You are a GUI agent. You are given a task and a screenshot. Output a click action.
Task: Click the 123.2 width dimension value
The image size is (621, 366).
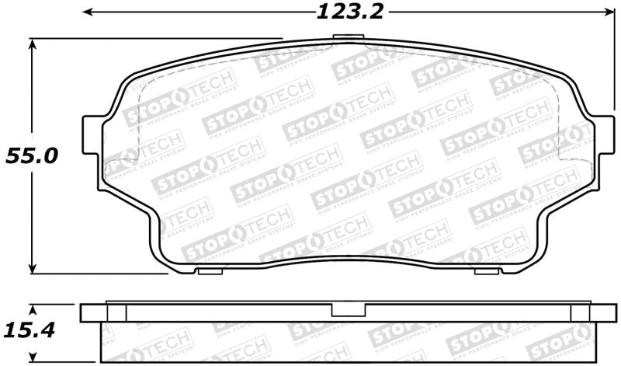pos(341,12)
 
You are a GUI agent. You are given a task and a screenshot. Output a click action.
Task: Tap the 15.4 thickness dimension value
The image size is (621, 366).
pos(32,329)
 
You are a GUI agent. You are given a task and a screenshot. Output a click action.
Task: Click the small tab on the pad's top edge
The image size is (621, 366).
pos(342,39)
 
